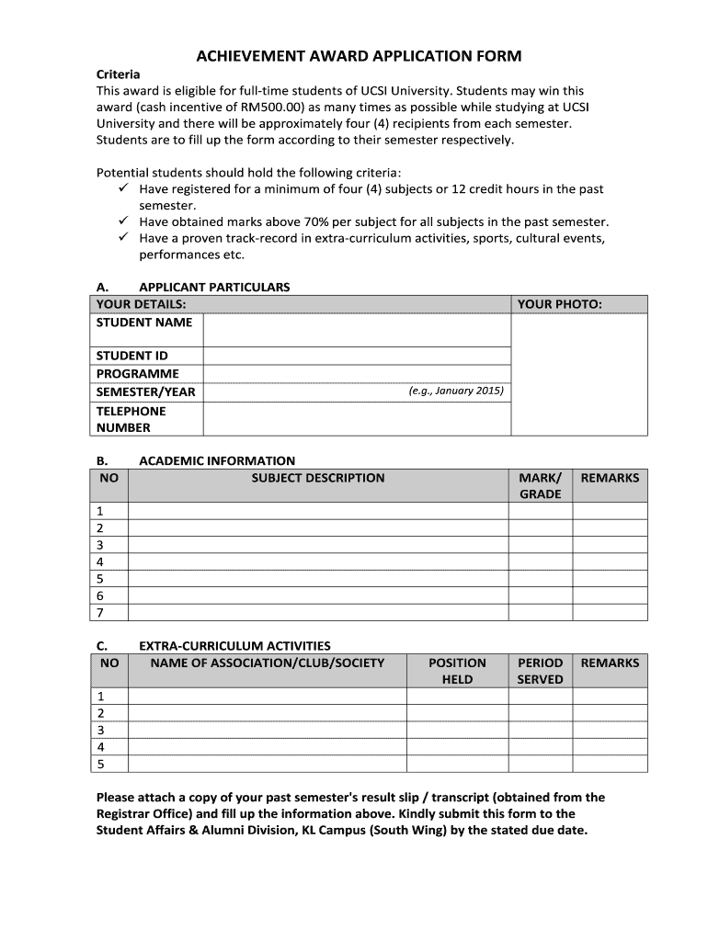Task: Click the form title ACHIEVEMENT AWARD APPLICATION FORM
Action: point(359,57)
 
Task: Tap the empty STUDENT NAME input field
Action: point(356,330)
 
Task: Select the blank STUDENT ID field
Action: point(356,356)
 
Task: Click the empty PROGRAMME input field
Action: point(356,374)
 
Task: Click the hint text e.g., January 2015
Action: point(456,391)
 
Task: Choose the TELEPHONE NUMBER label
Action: point(131,419)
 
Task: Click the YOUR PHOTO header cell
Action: point(559,304)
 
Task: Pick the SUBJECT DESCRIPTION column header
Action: point(318,478)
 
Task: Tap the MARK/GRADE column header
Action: point(540,486)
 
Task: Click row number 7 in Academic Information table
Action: point(100,612)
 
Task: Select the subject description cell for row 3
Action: point(318,545)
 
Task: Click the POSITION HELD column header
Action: point(457,671)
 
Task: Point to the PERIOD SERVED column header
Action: point(540,671)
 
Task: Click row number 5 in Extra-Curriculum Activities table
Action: point(100,764)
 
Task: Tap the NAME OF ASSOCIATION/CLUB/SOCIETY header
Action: point(267,663)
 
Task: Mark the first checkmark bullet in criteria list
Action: point(122,189)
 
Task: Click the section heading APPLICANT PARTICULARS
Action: point(213,287)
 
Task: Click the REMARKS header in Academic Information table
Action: point(610,478)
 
